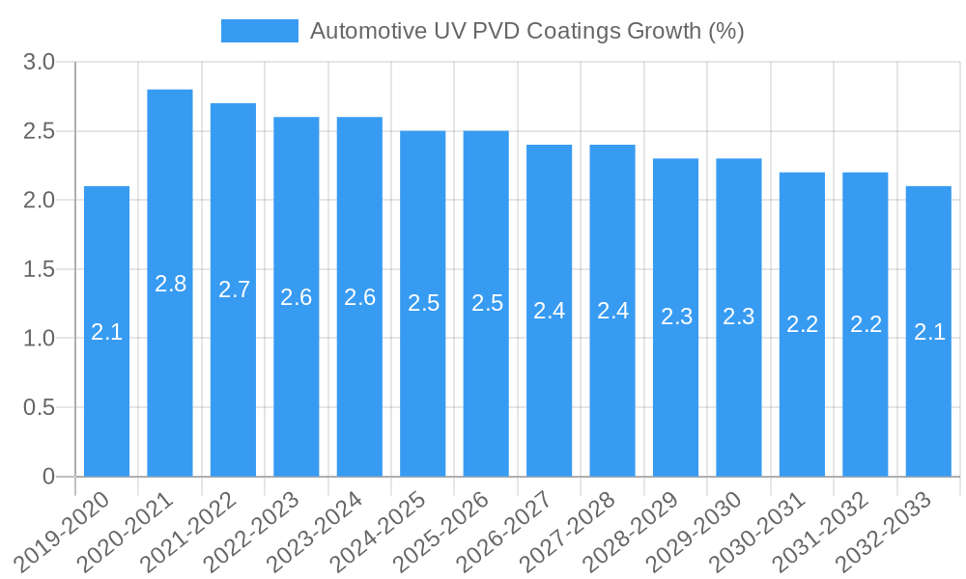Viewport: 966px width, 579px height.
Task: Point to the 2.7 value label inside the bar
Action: pyautogui.click(x=234, y=289)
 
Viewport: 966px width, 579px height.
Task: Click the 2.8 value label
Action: pyautogui.click(x=170, y=284)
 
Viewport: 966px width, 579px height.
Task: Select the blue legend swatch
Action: pyautogui.click(x=259, y=31)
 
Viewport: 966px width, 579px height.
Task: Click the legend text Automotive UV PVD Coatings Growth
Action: pyautogui.click(x=526, y=31)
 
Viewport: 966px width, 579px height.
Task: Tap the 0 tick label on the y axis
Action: pyautogui.click(x=49, y=477)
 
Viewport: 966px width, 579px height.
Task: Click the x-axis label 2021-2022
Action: pyautogui.click(x=199, y=531)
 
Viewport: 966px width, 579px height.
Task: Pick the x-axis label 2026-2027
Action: pyautogui.click(x=515, y=531)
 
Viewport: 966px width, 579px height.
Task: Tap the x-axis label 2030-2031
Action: pyautogui.click(x=768, y=531)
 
